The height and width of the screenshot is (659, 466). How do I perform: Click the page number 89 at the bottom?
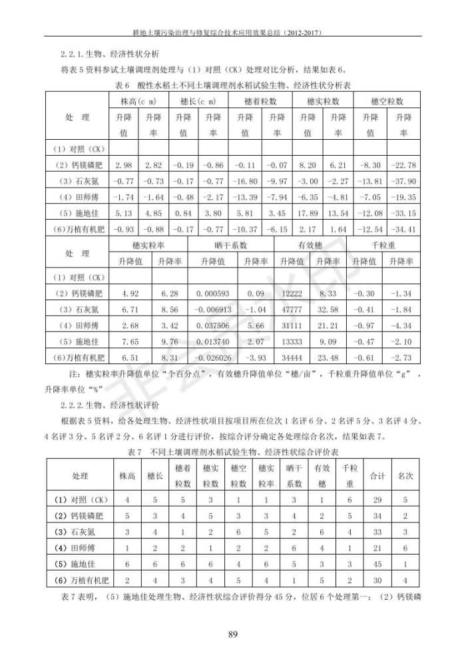click(x=233, y=633)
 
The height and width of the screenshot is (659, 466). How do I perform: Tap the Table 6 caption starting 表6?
click(x=233, y=86)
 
